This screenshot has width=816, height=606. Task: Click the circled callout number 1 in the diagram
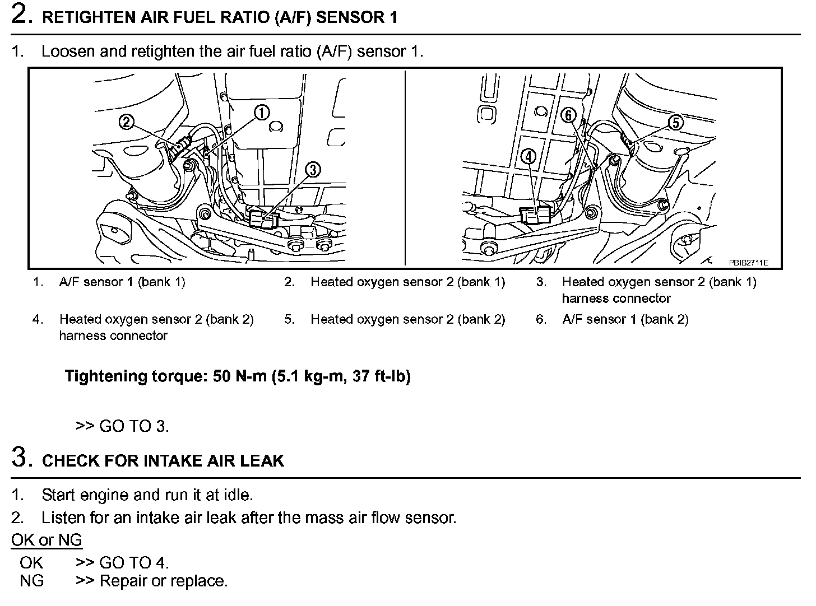262,113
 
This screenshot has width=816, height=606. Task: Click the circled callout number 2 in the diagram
127,121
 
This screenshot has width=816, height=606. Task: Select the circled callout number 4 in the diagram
528,156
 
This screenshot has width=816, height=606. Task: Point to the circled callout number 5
676,122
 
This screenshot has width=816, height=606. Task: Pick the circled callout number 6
569,115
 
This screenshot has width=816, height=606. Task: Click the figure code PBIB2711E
748,262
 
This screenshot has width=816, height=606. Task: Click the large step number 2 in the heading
20,15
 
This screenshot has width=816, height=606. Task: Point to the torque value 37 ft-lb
381,376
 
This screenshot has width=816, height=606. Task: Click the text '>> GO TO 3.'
122,426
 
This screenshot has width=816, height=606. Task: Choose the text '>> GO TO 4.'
122,562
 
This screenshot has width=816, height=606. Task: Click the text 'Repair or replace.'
163,581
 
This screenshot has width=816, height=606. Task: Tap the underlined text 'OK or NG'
47,540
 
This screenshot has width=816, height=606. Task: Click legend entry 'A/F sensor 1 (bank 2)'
625,319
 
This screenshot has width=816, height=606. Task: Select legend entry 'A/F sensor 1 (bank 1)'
122,282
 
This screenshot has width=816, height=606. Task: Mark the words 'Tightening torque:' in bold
137,376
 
